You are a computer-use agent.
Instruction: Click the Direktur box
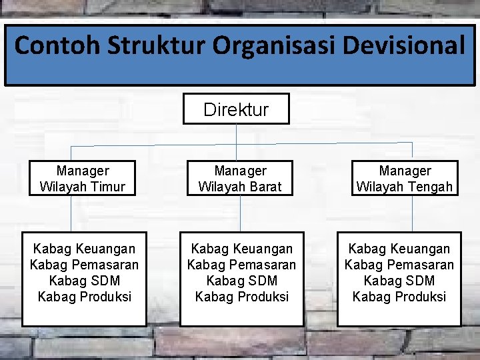pyautogui.click(x=236, y=109)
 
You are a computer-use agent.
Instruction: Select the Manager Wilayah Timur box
pyautogui.click(x=83, y=179)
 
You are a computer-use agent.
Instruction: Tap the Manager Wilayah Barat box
pyautogui.click(x=241, y=179)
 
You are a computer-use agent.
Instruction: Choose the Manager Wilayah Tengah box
pyautogui.click(x=405, y=179)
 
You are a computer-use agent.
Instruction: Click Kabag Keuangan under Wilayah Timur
pyautogui.click(x=84, y=249)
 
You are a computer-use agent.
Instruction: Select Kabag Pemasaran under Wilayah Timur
pyautogui.click(x=84, y=265)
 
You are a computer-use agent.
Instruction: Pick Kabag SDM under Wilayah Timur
pyautogui.click(x=84, y=281)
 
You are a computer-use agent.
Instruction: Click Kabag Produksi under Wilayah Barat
pyautogui.click(x=241, y=297)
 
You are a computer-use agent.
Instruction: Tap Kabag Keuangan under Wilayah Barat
pyautogui.click(x=241, y=249)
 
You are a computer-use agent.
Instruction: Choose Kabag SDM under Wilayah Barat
pyautogui.click(x=241, y=281)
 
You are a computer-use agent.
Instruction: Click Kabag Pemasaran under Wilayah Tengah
pyautogui.click(x=399, y=265)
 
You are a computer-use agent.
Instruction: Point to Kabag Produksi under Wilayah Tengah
pyautogui.click(x=399, y=297)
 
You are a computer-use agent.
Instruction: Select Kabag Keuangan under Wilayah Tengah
pyautogui.click(x=399, y=249)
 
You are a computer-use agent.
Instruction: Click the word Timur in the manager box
pyautogui.click(x=109, y=187)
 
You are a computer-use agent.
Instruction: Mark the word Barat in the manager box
pyautogui.click(x=266, y=187)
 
